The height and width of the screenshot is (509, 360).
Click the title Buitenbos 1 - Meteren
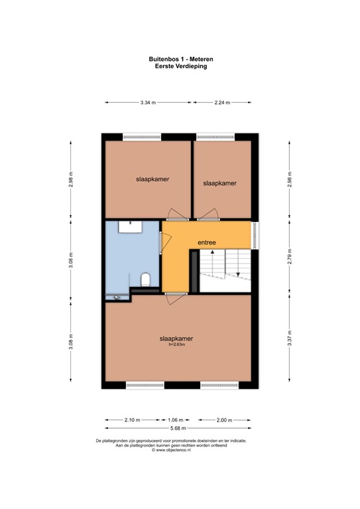coord(180,58)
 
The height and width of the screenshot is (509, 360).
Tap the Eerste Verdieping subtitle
coord(180,66)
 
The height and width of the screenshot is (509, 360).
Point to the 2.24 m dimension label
coord(222,103)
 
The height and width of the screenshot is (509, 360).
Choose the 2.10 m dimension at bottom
coord(132,420)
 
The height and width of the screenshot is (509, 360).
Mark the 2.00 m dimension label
coord(225,420)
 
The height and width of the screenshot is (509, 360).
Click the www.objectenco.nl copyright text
coord(180,451)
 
